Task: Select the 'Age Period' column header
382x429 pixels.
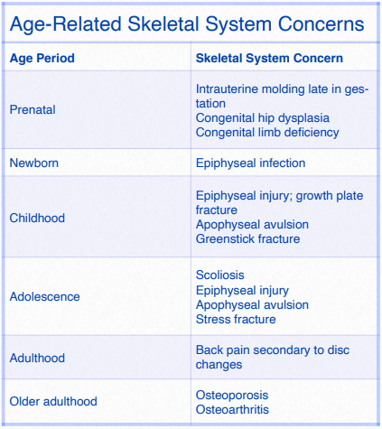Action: (42, 59)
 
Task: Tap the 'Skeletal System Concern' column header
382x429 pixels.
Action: (268, 59)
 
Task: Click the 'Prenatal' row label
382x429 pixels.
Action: (33, 109)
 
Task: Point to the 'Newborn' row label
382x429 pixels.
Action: (33, 163)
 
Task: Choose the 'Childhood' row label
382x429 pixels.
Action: (37, 218)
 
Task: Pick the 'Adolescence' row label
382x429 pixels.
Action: (44, 296)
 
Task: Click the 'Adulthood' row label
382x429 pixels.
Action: (37, 358)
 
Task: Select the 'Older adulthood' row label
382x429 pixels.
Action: (53, 401)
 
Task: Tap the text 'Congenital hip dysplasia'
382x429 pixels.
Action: (262, 118)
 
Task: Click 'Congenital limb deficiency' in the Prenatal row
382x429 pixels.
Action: (267, 133)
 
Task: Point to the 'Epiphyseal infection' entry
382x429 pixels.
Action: (250, 163)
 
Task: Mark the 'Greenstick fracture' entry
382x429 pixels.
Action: (247, 239)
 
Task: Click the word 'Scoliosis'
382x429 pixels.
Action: (220, 275)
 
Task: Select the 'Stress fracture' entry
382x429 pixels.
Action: (236, 319)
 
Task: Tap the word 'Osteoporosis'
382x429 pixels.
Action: (232, 395)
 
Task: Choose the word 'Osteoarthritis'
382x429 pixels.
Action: (232, 409)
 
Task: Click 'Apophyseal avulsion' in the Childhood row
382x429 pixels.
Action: (252, 225)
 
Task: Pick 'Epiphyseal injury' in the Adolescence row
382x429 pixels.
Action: (242, 290)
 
